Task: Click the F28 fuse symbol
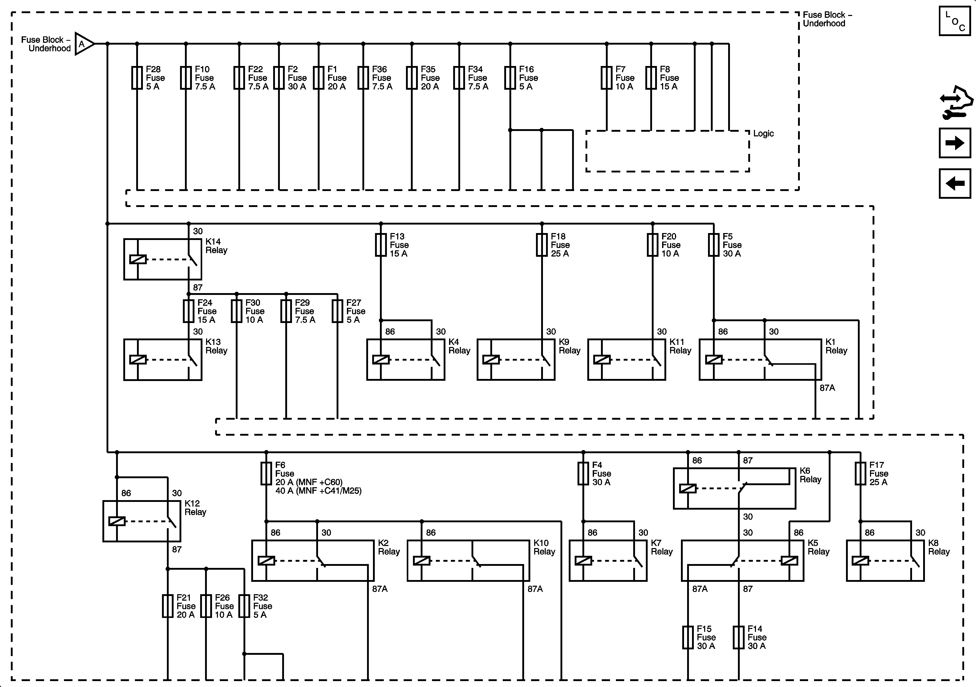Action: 137,78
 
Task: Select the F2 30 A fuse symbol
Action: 279,78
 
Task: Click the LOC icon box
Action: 954,21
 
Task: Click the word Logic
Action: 763,134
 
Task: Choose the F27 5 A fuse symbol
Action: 338,311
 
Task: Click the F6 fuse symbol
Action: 266,474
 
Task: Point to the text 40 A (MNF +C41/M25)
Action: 318,491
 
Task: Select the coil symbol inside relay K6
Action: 688,489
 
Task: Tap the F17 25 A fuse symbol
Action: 860,474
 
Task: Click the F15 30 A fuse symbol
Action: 688,637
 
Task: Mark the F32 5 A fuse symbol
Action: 245,606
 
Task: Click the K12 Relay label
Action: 195,508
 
